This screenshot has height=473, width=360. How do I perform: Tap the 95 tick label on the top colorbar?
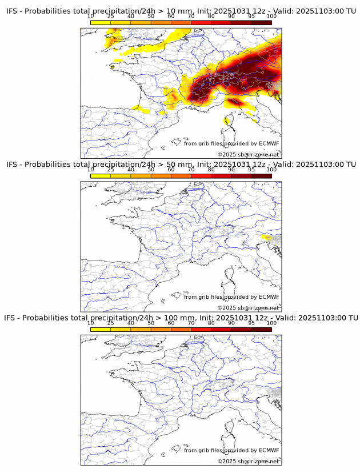(251, 17)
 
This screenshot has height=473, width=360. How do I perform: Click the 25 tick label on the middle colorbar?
(111, 170)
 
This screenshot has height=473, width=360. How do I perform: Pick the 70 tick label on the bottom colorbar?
(191, 323)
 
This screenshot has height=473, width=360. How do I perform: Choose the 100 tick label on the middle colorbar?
(271, 170)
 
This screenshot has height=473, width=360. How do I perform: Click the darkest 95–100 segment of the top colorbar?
(261, 23)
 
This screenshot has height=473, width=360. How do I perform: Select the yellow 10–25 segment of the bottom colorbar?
(101, 330)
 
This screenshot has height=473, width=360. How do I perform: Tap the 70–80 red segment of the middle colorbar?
(201, 177)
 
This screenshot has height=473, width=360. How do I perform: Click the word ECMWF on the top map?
(269, 143)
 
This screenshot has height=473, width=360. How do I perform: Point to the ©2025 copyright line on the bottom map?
(248, 461)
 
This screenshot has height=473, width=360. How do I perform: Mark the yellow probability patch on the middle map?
(266, 237)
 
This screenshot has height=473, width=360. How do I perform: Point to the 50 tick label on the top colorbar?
(151, 17)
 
